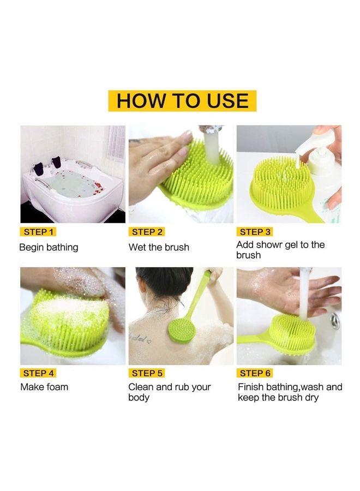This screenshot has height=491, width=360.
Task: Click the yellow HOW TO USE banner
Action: (x=182, y=101)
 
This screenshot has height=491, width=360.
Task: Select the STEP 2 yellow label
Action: (x=147, y=232)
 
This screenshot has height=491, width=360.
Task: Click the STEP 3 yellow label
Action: (x=255, y=232)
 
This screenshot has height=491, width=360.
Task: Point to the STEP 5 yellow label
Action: (x=147, y=373)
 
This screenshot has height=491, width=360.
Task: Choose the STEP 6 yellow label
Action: (x=255, y=373)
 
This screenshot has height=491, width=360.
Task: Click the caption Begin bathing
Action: (x=49, y=247)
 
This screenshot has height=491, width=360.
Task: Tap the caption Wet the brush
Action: (x=159, y=247)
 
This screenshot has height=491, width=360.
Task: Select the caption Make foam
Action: (x=44, y=387)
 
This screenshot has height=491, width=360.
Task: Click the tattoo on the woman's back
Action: (x=141, y=339)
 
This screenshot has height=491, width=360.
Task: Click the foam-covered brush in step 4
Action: (x=68, y=322)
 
